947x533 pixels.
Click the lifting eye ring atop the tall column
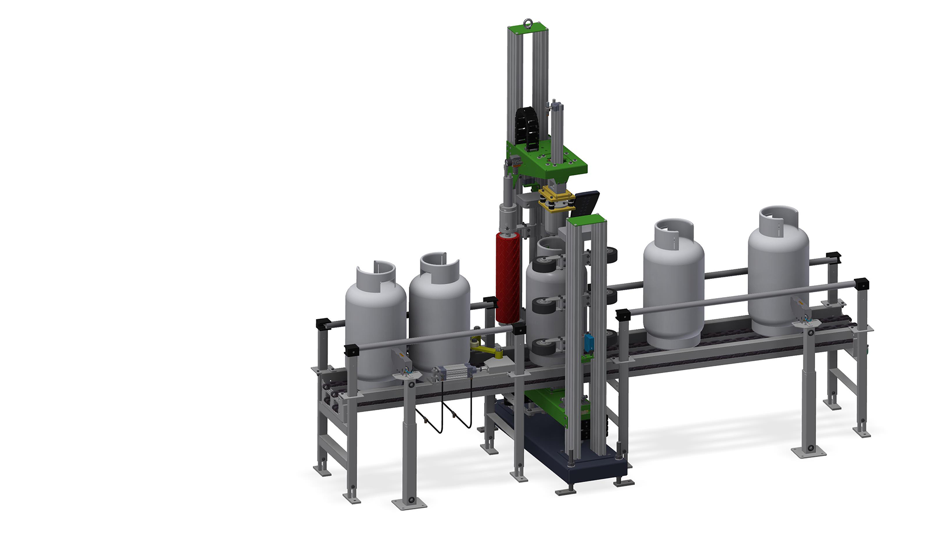tap(528, 22)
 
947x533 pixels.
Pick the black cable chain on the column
tap(526, 128)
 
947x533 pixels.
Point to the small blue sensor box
tap(589, 343)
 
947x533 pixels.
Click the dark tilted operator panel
tap(586, 202)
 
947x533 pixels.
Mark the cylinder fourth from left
tap(673, 291)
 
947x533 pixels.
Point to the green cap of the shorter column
tap(586, 220)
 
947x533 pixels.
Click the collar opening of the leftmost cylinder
tap(377, 269)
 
